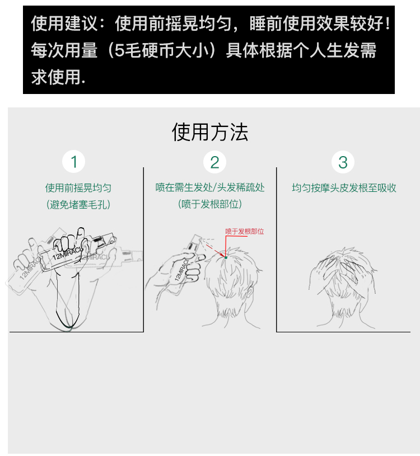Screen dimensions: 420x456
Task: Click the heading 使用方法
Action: pyautogui.click(x=209, y=132)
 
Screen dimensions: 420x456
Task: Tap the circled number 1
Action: pyautogui.click(x=73, y=162)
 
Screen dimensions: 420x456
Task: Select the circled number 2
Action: pyautogui.click(x=214, y=162)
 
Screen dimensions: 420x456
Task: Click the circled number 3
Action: pyautogui.click(x=343, y=162)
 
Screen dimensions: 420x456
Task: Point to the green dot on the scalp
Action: pyautogui.click(x=226, y=258)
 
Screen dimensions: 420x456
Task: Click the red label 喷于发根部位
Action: pyautogui.click(x=245, y=232)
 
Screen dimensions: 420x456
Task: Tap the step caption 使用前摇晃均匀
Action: pyautogui.click(x=78, y=188)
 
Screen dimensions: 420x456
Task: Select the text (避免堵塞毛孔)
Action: pyautogui.click(x=78, y=204)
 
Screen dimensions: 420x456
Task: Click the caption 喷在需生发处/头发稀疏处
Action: pyautogui.click(x=210, y=187)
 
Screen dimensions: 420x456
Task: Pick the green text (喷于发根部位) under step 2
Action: pyautogui.click(x=210, y=204)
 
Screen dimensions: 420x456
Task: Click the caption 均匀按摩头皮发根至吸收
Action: pyautogui.click(x=344, y=188)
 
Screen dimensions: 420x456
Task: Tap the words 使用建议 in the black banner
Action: pyautogui.click(x=64, y=23)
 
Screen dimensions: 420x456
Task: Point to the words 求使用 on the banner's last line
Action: pyautogui.click(x=56, y=77)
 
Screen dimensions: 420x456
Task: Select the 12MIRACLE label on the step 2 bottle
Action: pyautogui.click(x=181, y=270)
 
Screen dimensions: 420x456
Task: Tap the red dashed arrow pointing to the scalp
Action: pyautogui.click(x=215, y=251)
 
